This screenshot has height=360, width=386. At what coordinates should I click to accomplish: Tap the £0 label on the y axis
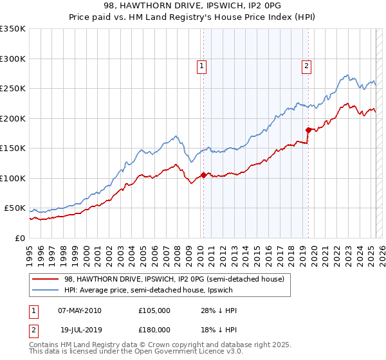pos(19,238)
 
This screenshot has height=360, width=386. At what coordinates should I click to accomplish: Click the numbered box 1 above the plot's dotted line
pos(202,65)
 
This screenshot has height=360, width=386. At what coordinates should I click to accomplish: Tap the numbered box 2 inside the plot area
pos(306,65)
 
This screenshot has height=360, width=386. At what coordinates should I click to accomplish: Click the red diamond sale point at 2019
pos(308,130)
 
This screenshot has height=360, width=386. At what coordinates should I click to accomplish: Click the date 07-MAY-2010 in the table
pos(80,310)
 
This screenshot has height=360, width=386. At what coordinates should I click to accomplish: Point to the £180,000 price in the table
pos(154,329)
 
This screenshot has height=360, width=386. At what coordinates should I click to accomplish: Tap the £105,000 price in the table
pos(154,310)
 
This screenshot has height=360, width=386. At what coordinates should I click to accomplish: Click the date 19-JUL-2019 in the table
pos(79,329)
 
